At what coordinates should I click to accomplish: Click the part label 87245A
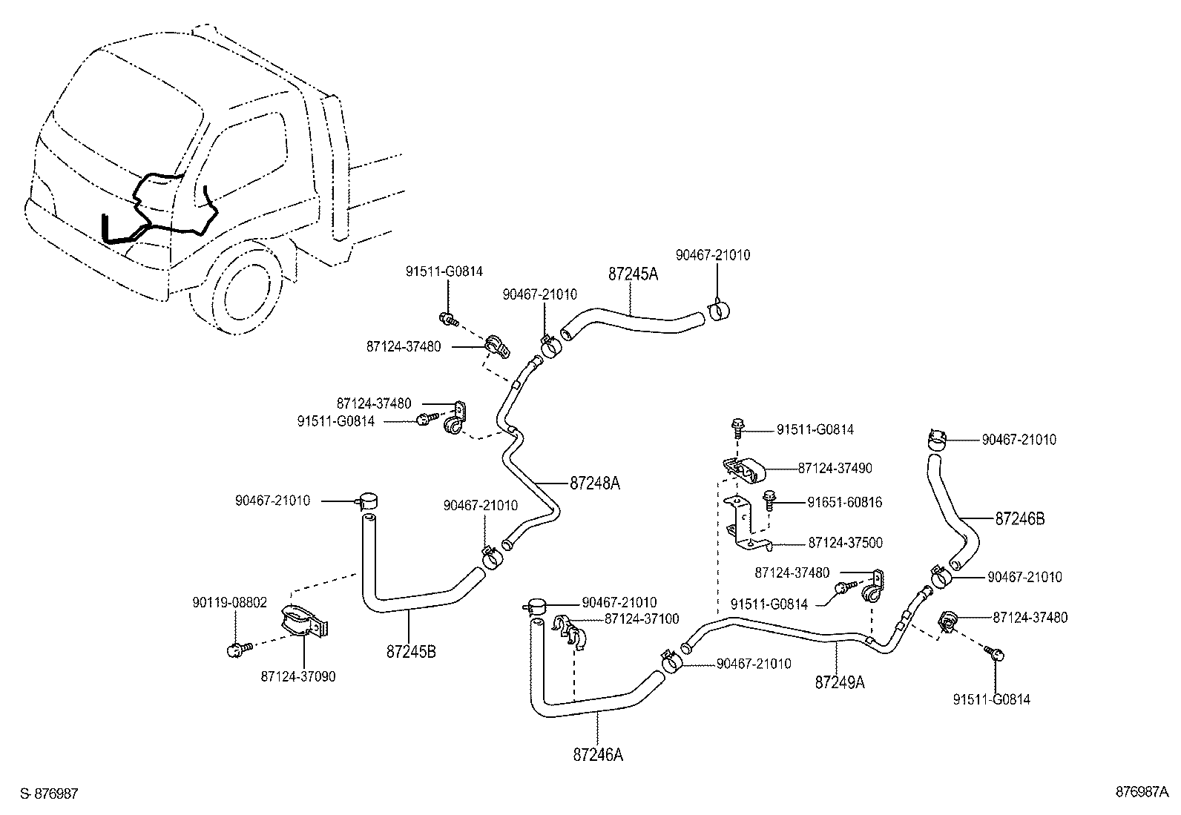pyautogui.click(x=633, y=274)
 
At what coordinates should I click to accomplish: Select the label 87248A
pyautogui.click(x=594, y=484)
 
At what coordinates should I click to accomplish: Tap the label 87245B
pyautogui.click(x=411, y=653)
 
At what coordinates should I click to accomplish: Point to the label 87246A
pyautogui.click(x=598, y=755)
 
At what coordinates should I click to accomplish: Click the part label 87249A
pyautogui.click(x=840, y=682)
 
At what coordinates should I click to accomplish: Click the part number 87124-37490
pyautogui.click(x=835, y=468)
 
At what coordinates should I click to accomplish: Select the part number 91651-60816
pyautogui.click(x=844, y=502)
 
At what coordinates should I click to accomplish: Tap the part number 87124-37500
pyautogui.click(x=845, y=543)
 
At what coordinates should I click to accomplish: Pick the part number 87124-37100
pyautogui.click(x=642, y=618)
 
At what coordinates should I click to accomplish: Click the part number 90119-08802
pyautogui.click(x=230, y=602)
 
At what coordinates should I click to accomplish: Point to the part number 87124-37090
pyautogui.click(x=298, y=676)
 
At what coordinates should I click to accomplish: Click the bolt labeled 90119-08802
pyautogui.click(x=237, y=650)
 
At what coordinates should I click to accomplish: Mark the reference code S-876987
pyautogui.click(x=49, y=793)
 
